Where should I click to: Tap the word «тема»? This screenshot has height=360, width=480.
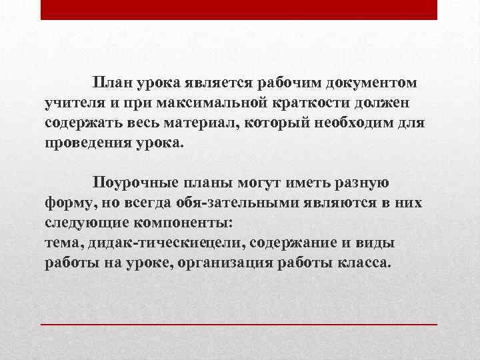pyautogui.click(x=60, y=243)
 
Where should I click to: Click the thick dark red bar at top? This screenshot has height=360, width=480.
pyautogui.click(x=239, y=10)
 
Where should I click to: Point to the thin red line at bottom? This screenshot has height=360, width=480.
pyautogui.click(x=239, y=324)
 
